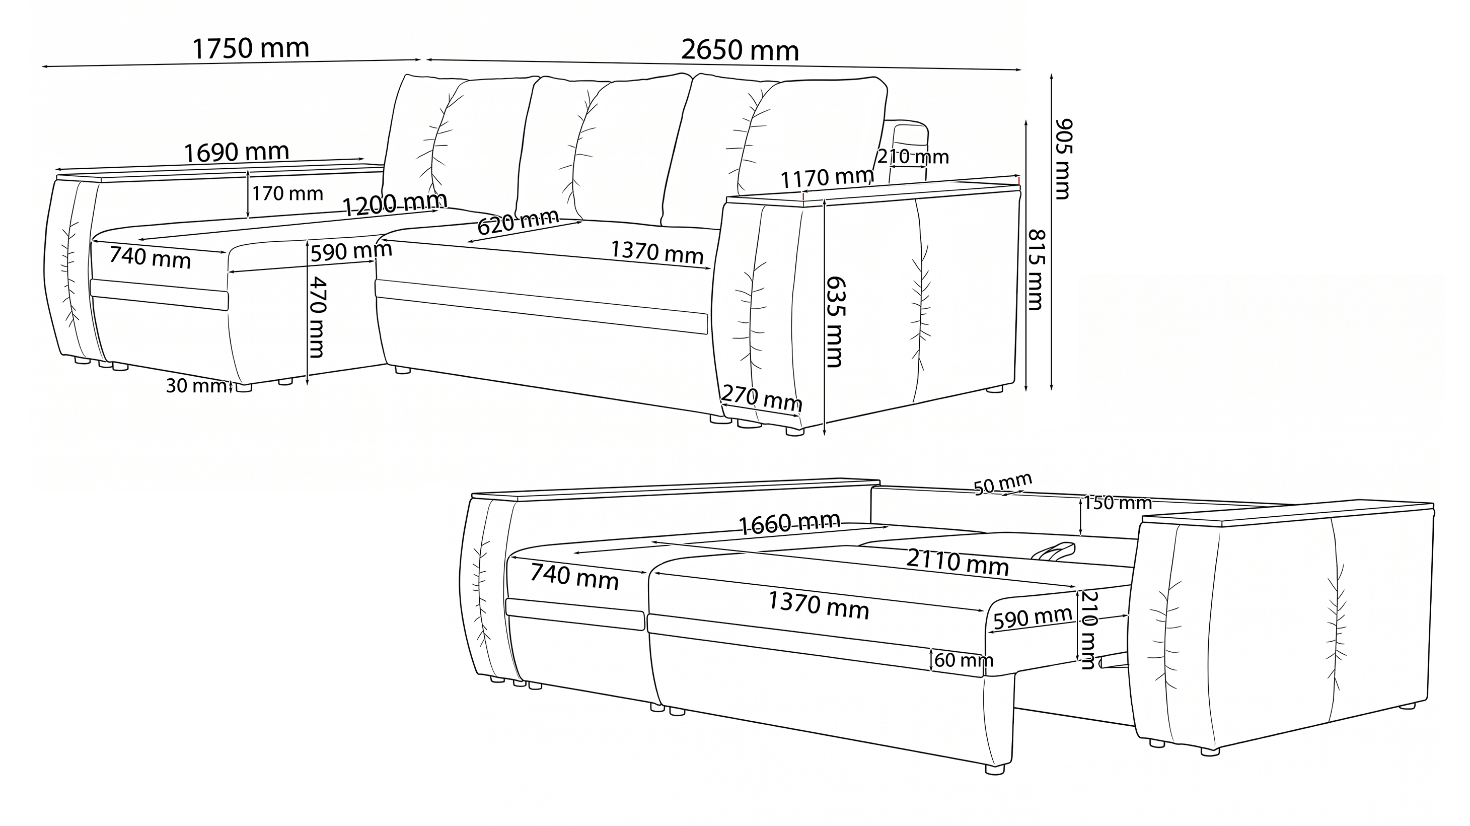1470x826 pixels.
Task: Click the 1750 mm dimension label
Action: pos(251,48)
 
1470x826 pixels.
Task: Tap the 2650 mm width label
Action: pos(740,51)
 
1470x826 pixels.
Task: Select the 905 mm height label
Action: pos(1063,159)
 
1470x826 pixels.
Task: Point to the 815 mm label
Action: pos(1036,269)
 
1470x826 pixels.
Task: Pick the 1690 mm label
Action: pos(236,153)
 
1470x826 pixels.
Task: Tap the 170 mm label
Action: pos(287,194)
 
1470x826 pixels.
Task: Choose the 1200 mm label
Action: pos(395,204)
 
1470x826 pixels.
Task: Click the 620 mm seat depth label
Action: pos(518,222)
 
